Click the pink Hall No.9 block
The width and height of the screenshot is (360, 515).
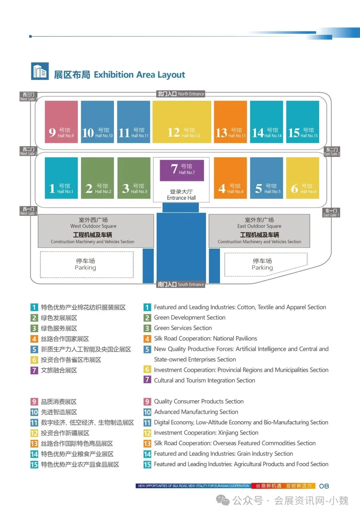point(61,122)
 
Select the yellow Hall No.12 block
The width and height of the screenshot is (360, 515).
point(182,122)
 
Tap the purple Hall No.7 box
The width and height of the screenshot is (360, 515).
point(182,170)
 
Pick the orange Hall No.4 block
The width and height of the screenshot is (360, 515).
point(230,178)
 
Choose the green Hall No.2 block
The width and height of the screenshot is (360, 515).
point(97,178)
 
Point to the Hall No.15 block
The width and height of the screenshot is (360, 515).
point(303,122)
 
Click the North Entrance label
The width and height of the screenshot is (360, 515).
point(181,94)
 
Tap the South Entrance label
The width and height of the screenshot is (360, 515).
point(181,284)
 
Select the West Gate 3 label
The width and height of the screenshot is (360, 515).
point(28,97)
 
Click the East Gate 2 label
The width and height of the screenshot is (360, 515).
point(332,152)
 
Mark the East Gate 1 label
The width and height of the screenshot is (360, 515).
point(331,213)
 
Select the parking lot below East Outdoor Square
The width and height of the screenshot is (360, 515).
point(263,264)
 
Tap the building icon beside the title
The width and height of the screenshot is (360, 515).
point(40,71)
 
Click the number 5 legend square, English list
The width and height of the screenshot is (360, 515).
point(147,349)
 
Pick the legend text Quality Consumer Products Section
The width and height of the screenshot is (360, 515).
point(199,401)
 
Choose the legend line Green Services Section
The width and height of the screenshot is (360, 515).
point(183,328)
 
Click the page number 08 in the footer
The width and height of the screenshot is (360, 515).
point(324,486)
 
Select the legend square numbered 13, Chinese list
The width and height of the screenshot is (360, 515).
point(34,444)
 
